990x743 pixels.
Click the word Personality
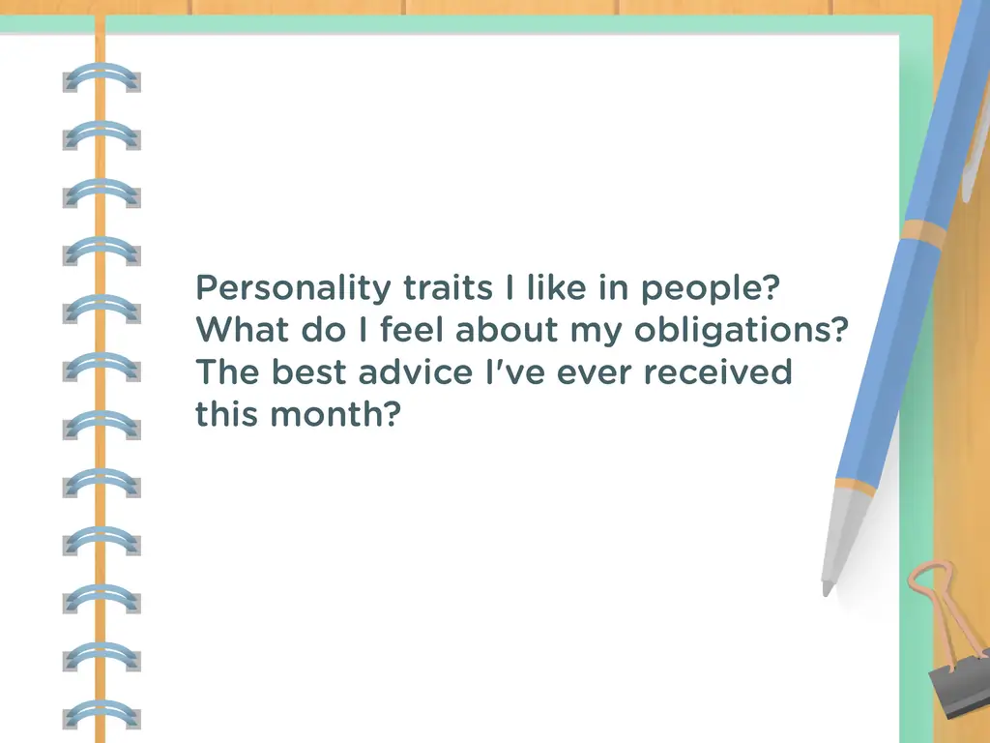point(294,288)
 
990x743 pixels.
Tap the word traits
point(448,287)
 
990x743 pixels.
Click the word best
point(308,371)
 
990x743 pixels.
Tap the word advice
point(416,371)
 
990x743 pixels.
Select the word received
point(717,371)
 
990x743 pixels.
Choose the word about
point(507,329)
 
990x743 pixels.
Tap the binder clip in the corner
point(954,651)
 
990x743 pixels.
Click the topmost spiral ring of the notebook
point(102,78)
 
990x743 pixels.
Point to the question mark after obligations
point(840,329)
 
